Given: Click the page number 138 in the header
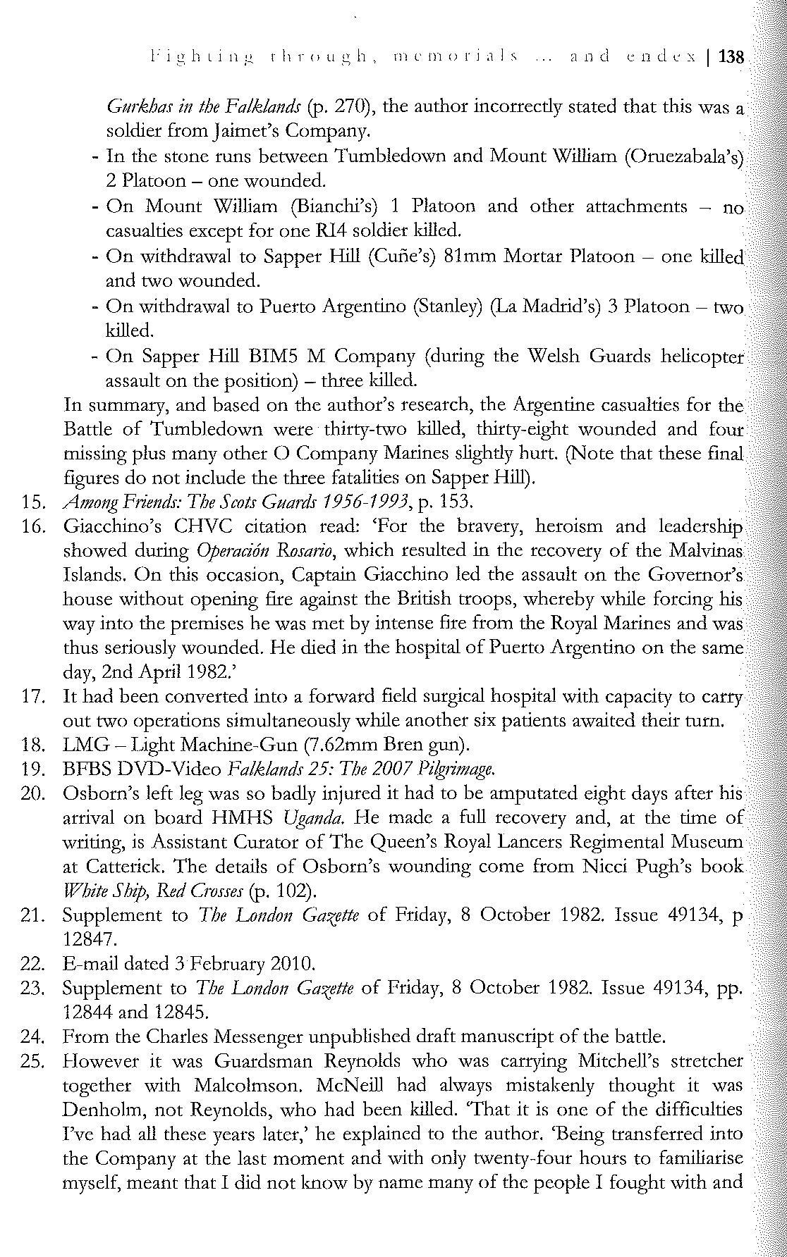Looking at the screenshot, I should (x=731, y=56).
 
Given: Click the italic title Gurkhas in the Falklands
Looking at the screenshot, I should (x=197, y=106).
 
